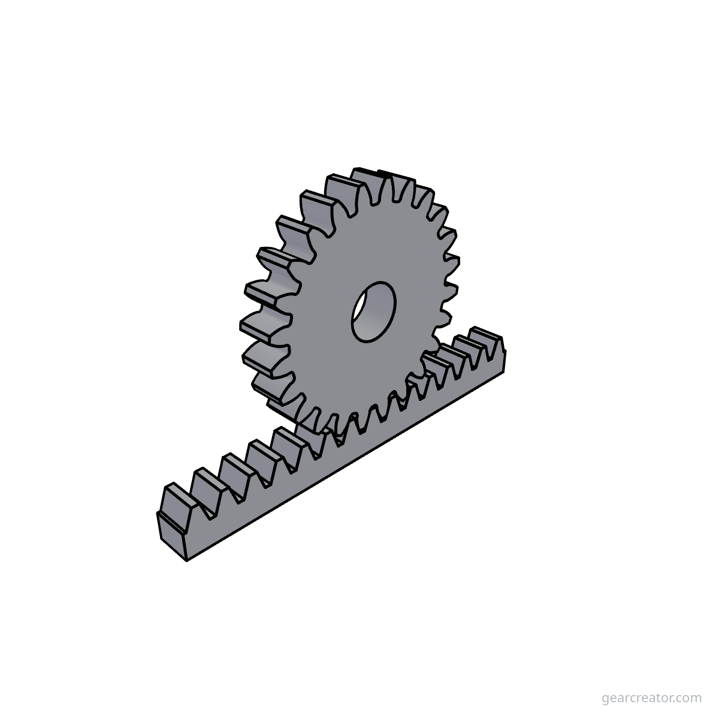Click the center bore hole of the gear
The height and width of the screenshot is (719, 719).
pyautogui.click(x=373, y=312)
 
